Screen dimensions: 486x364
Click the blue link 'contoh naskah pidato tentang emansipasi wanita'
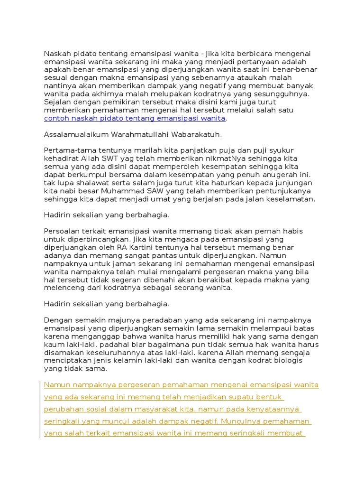(x=135, y=118)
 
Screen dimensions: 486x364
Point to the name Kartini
(x=141, y=247)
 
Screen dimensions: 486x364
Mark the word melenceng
(x=62, y=288)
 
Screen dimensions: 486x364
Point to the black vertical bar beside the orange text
(x=40, y=409)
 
